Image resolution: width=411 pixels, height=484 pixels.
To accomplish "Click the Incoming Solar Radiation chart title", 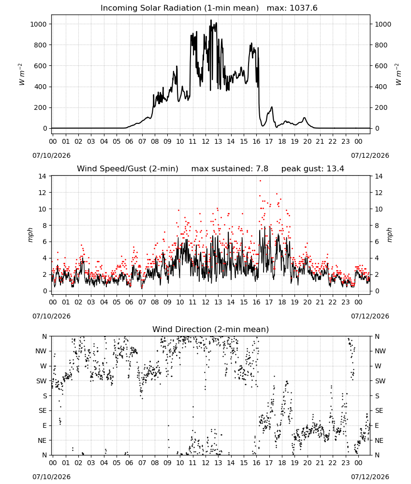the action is point(179,8).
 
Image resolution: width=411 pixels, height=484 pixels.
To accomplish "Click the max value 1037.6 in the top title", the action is point(303,8).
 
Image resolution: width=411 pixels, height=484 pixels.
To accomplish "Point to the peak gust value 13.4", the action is point(336,169).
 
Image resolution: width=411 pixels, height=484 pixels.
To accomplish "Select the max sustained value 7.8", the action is point(262,169).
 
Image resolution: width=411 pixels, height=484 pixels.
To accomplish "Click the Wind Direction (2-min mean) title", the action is point(211,329).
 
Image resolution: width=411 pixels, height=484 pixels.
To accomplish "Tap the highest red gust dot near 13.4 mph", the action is point(260,181).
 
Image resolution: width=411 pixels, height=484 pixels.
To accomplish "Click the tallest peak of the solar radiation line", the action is point(211,20).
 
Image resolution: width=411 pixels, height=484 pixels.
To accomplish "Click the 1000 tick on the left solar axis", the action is point(39,24).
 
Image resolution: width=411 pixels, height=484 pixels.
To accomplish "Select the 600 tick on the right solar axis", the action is point(381,66).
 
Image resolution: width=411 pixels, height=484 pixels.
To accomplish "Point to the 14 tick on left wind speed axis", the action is point(42,176).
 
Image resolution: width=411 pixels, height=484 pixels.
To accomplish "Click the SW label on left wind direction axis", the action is point(42,381).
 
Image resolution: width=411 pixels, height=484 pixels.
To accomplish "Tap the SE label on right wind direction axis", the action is point(379,410).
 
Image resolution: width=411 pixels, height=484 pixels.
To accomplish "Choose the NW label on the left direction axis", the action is point(41,351).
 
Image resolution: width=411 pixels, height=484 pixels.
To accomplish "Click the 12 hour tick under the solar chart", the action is point(205,141).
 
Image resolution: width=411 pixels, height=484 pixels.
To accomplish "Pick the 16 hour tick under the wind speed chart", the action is point(257,302).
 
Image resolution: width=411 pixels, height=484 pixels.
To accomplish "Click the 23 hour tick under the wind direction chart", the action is point(346,463).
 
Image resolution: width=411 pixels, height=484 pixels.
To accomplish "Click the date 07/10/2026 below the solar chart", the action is point(51,155).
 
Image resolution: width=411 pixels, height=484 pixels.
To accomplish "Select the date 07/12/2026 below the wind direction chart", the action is point(370,477).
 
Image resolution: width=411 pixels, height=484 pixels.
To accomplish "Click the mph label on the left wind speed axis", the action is point(30,235).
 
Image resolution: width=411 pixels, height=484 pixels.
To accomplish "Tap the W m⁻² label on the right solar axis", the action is point(398,75).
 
